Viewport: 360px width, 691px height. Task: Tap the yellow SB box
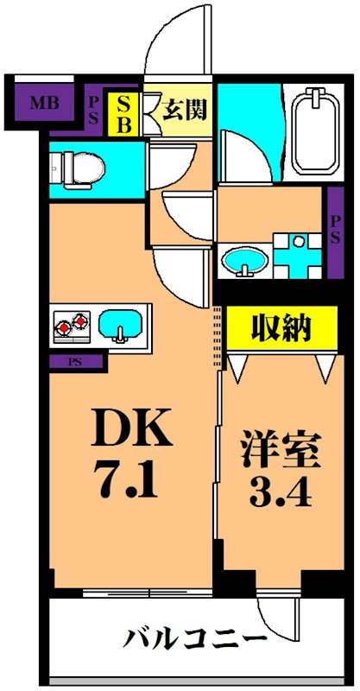pos(124,113)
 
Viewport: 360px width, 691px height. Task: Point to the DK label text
pos(132,428)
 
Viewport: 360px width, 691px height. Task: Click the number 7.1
pos(131,479)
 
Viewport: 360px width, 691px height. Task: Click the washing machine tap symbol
pos(299,250)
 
